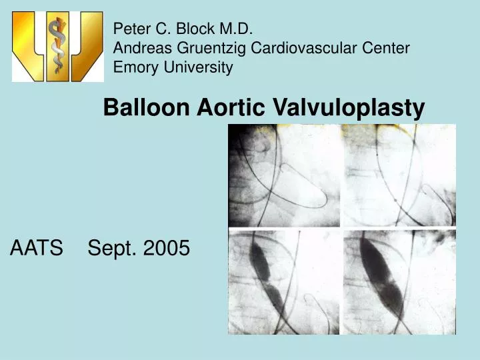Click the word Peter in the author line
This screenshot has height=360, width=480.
point(128,29)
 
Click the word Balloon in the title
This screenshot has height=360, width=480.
point(146,107)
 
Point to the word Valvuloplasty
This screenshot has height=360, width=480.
point(349,107)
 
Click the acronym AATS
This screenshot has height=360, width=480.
point(37,249)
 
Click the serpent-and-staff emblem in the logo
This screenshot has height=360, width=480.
point(58,45)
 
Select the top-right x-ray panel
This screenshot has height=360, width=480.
point(399,175)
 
